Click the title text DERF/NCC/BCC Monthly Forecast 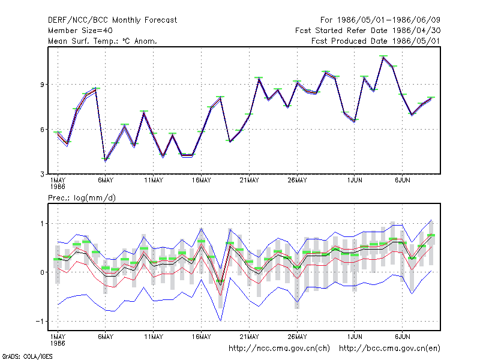click(112, 20)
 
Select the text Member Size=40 click(80, 31)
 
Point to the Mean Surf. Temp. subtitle click(103, 41)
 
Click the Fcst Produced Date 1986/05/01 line click(376, 41)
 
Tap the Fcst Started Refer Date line click(368, 31)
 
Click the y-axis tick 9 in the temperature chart click(42, 85)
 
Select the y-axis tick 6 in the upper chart click(42, 130)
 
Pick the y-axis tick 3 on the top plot click(42, 175)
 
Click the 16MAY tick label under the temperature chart click(202, 181)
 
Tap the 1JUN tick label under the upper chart click(355, 181)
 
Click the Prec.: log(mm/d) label click(82, 198)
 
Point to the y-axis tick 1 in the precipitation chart click(42, 224)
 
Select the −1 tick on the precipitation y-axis click(40, 322)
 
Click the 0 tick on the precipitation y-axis click(42, 272)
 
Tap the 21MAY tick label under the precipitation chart click(249, 337)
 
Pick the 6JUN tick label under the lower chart click(403, 337)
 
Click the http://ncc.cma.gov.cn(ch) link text click(279, 349)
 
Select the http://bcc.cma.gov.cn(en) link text click(389, 349)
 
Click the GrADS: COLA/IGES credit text click(27, 356)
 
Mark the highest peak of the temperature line click(383, 56)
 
